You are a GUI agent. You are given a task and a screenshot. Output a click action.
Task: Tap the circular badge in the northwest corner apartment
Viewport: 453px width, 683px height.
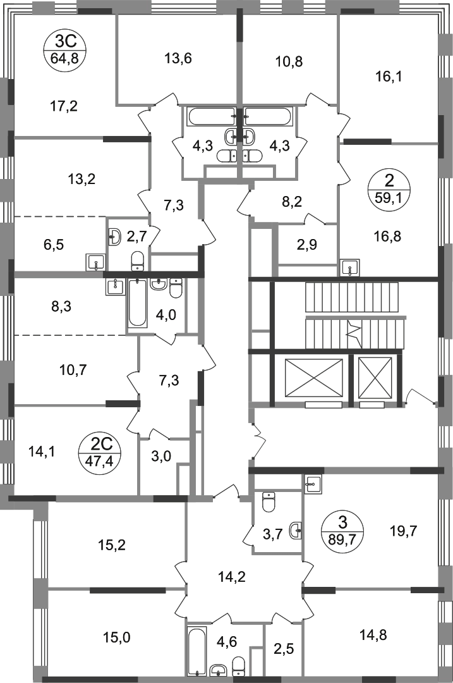pos(62,51)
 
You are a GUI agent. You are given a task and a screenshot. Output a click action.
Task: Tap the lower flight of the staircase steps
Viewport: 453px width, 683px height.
pos(352,332)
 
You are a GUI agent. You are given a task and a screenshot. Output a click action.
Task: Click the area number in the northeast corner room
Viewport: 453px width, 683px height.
pos(389,78)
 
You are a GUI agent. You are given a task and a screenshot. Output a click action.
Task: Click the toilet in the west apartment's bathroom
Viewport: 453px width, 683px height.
pos(136,259)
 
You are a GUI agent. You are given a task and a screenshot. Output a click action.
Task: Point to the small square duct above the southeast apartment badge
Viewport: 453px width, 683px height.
pos(312,483)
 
